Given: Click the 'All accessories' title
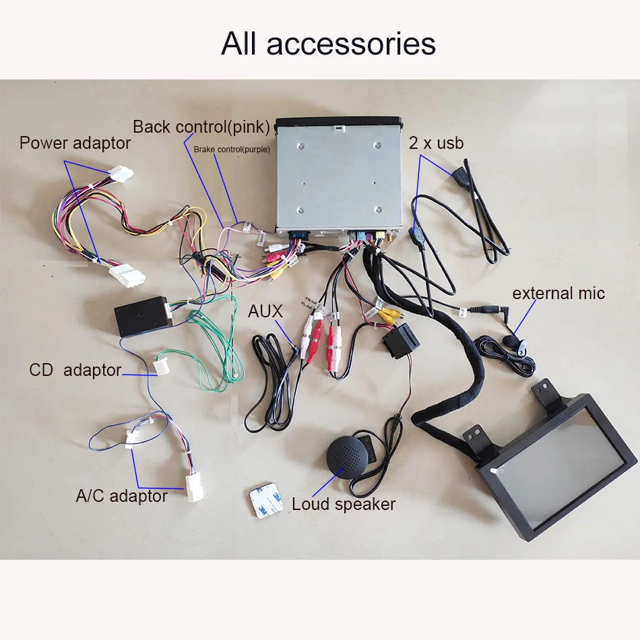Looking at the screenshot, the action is point(328,44).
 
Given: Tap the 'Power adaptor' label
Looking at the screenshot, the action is point(75,143).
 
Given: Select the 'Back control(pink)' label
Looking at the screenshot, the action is point(201,127).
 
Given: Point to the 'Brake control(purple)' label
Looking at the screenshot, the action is point(232,150).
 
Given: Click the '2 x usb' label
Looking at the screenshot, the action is point(436,143).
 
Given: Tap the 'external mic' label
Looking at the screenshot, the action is point(558,294).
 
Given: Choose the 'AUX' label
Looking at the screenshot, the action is point(265,311).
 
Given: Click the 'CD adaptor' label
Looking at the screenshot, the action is point(75,371).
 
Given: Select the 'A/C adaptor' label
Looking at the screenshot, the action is point(122,496).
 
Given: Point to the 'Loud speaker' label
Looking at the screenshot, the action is point(344,504).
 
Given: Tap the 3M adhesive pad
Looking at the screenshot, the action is point(267,500).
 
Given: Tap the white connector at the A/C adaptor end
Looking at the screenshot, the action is point(194,487).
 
